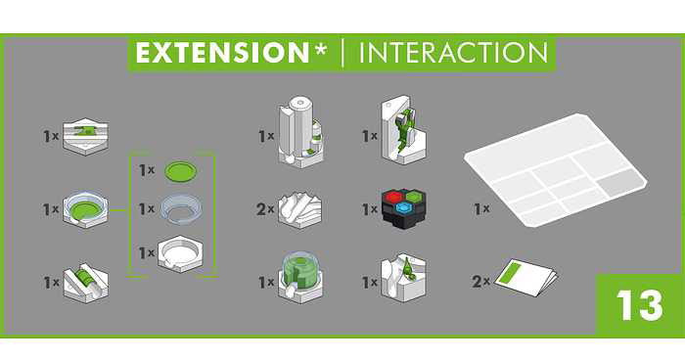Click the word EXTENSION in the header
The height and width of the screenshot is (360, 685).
[222, 53]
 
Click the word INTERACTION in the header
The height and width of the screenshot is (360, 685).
[453, 53]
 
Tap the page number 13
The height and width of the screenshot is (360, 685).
[640, 305]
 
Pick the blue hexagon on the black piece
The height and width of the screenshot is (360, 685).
[402, 208]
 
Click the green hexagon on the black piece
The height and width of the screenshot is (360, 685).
[412, 196]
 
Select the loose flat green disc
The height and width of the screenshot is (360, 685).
[180, 171]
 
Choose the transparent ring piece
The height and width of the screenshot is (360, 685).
[181, 208]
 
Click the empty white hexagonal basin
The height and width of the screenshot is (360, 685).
[180, 253]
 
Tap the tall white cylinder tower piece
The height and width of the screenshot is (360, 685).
[300, 132]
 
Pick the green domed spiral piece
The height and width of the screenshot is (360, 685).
[300, 277]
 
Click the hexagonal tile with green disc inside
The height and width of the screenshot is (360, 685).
[86, 208]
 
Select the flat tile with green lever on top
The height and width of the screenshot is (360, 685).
[86, 136]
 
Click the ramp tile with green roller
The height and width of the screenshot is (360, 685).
[86, 282]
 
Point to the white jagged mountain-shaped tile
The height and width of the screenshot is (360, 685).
[300, 210]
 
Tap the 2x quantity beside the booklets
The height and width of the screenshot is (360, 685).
[481, 282]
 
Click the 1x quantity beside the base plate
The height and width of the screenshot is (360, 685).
[481, 208]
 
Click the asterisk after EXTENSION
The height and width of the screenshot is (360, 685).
[320, 49]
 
